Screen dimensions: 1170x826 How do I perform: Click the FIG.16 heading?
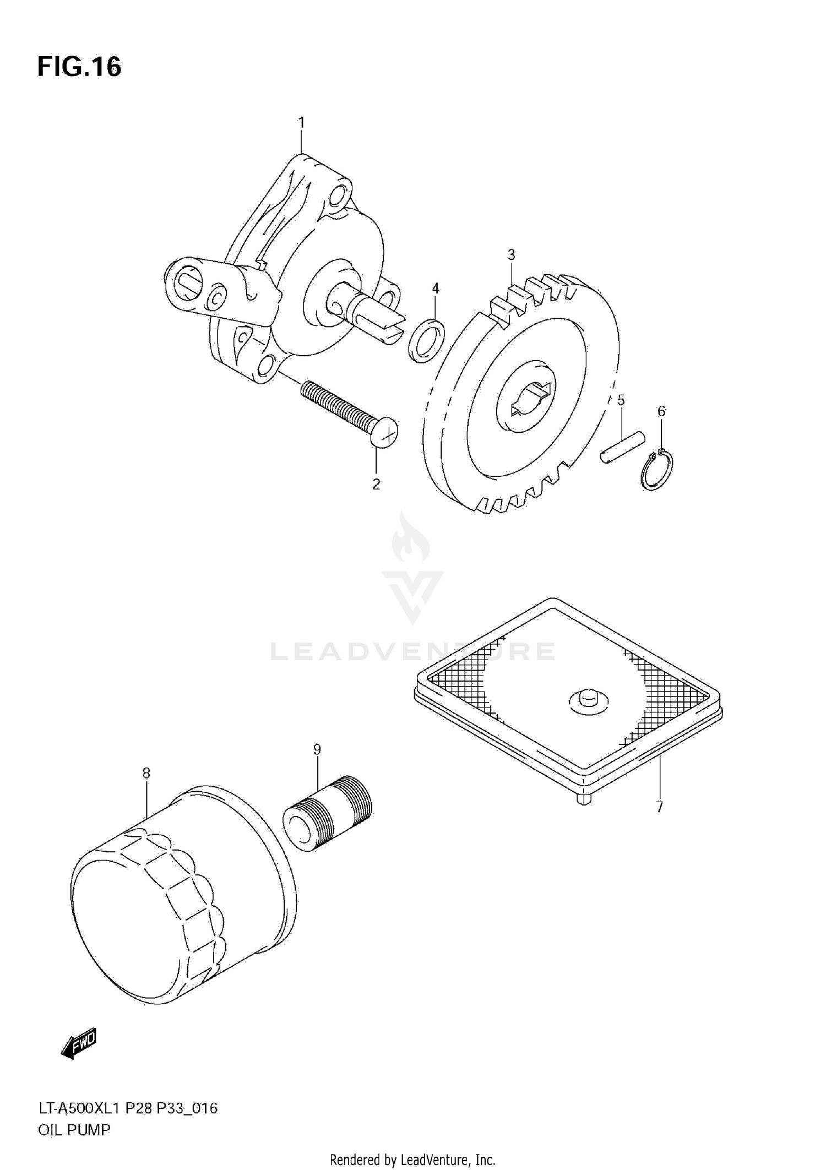click(x=79, y=67)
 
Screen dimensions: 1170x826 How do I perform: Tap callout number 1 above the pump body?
click(x=301, y=122)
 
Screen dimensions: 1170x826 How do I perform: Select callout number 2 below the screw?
click(x=376, y=484)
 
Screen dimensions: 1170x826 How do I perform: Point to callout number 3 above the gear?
click(x=511, y=255)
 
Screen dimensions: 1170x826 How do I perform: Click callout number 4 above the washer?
click(x=436, y=288)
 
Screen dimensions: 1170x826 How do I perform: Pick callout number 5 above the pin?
click(x=621, y=400)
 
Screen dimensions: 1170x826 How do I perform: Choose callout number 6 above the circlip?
click(x=661, y=411)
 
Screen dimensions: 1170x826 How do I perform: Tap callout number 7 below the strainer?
click(x=659, y=807)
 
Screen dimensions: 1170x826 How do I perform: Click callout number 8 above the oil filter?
click(x=146, y=774)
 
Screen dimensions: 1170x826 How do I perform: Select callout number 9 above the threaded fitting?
click(x=317, y=749)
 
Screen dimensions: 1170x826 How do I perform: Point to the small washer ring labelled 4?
click(x=427, y=340)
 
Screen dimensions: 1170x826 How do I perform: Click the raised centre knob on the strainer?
click(x=588, y=698)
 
